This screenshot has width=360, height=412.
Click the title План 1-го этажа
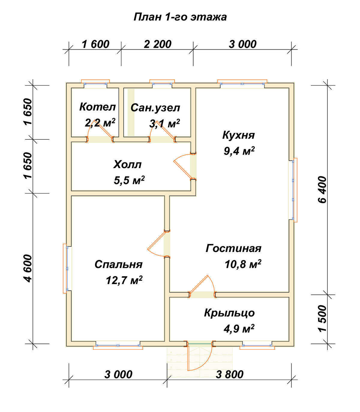[180, 17]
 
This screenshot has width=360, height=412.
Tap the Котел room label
[97, 107]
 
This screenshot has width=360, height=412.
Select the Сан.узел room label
[155, 108]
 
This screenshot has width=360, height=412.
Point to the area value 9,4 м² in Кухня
[239, 151]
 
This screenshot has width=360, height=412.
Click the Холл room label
[127, 165]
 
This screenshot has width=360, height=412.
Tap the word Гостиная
[233, 248]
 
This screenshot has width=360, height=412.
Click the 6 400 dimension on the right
[323, 190]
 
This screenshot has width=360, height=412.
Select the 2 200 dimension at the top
[157, 44]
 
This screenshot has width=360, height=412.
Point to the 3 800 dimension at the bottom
[229, 375]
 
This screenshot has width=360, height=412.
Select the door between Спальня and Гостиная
[158, 244]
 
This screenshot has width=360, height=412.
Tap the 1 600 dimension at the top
[95, 44]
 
